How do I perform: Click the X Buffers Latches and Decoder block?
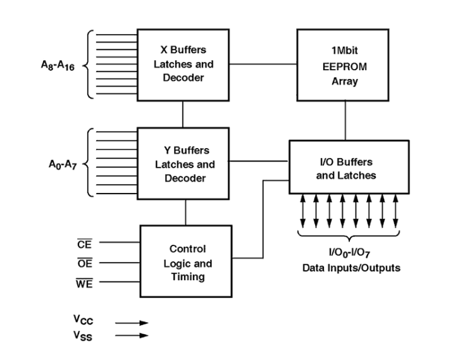(x=182, y=64)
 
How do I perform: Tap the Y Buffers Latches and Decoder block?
(x=182, y=164)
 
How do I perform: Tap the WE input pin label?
(x=84, y=285)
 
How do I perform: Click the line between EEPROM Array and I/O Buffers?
(x=345, y=120)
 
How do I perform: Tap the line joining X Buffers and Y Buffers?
(x=183, y=113)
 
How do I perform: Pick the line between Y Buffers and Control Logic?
(x=185, y=213)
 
